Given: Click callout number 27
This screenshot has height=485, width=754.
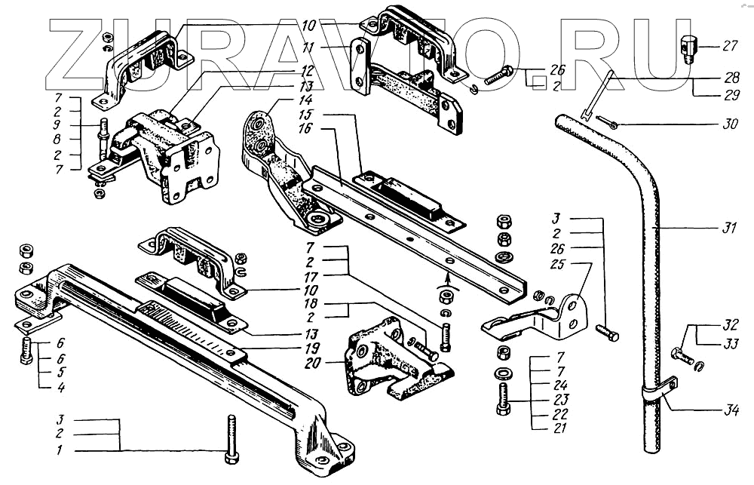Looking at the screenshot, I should pyautogui.click(x=729, y=47).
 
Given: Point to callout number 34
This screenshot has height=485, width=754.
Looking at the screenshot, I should pyautogui.click(x=729, y=411).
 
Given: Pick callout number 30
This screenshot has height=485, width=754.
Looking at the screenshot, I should pyautogui.click(x=729, y=124).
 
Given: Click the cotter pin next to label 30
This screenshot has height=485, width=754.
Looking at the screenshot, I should pyautogui.click(x=608, y=121).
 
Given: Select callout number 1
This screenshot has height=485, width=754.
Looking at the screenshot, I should pyautogui.click(x=60, y=451).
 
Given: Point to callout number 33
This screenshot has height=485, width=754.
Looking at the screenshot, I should pyautogui.click(x=729, y=343).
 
